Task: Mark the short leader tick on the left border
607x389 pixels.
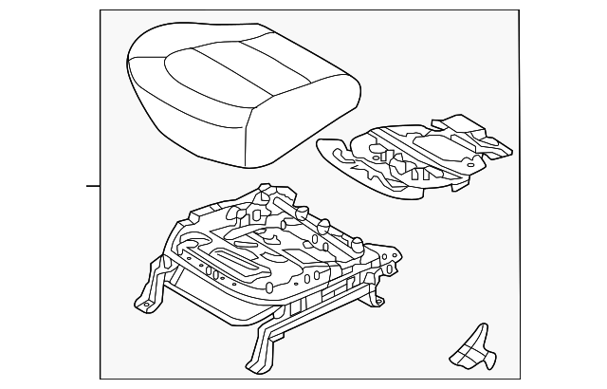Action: coord(93,186)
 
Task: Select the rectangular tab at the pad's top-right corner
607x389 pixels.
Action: coord(446,123)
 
